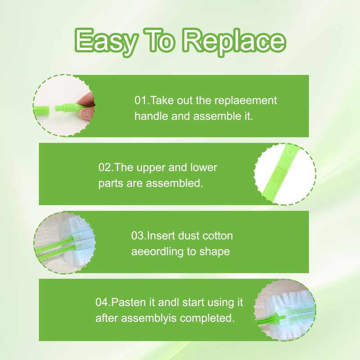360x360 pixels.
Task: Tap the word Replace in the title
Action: [x=234, y=42]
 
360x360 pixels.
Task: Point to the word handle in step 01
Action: [x=149, y=116]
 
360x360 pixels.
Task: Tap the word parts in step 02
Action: [x=110, y=184]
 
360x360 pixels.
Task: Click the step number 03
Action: [x=137, y=236]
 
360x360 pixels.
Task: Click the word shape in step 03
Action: [x=214, y=252]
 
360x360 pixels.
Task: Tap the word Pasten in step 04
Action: [x=126, y=302]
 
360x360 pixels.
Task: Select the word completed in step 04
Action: [x=206, y=318]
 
